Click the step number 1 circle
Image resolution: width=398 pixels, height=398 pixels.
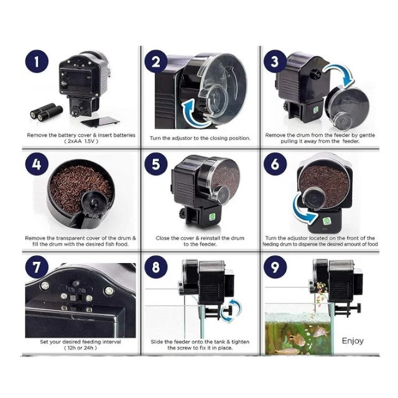point(37,62)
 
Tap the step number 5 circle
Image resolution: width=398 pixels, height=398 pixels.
point(156,164)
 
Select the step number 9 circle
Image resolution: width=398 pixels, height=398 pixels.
point(275,267)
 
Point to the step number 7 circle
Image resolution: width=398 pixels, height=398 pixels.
point(37,267)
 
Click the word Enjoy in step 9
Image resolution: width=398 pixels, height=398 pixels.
point(353,341)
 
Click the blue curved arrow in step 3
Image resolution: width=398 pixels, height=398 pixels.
point(340,73)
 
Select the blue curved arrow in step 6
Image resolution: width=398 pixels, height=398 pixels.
point(302,211)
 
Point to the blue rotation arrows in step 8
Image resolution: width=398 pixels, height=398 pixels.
point(230,310)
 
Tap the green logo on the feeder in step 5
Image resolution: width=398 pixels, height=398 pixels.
point(212,217)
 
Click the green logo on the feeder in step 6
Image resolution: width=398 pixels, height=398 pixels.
point(326,221)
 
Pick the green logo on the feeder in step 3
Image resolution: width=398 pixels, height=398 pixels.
point(316,110)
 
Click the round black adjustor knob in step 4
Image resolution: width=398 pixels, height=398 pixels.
point(93,201)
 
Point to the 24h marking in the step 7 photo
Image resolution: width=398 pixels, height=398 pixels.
point(81,290)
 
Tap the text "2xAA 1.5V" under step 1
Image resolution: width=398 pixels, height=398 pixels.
point(81,141)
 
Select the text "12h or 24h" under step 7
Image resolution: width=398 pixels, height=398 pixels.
point(81,348)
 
